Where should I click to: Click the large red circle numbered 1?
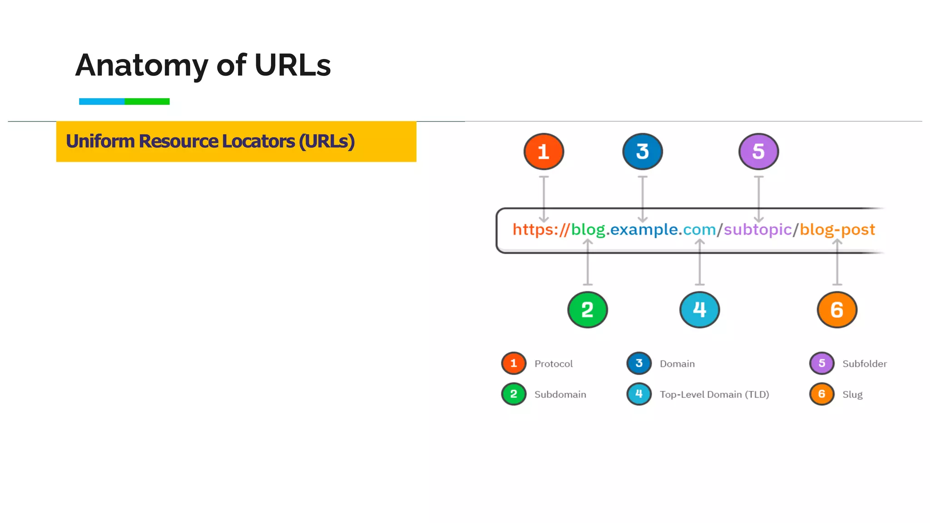pos(544,152)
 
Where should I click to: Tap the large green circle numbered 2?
pos(587,310)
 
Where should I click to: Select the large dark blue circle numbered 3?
pos(642,152)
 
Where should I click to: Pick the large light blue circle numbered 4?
pos(699,310)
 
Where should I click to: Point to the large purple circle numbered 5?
pos(758,152)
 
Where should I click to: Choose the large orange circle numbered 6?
pos(836,310)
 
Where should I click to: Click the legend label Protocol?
pos(553,364)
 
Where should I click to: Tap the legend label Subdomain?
pos(560,395)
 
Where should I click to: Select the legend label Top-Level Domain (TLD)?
pos(714,395)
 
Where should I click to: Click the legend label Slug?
pos(852,395)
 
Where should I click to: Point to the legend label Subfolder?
pos(864,364)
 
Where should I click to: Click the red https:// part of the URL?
pos(540,230)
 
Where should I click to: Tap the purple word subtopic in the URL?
pos(757,230)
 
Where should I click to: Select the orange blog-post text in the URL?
pos(837,230)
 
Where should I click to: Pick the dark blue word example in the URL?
pos(644,230)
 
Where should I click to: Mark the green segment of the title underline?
pos(147,101)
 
